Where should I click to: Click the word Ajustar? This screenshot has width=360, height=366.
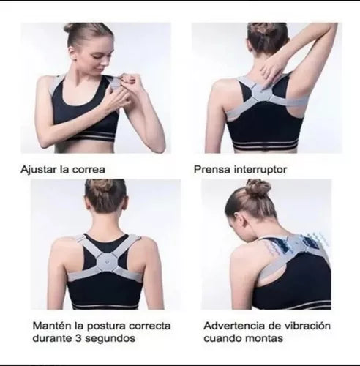pyautogui.click(x=38, y=170)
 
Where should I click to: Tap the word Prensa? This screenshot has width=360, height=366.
pyautogui.click(x=211, y=170)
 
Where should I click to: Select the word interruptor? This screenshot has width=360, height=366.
pyautogui.click(x=260, y=170)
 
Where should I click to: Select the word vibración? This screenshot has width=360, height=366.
pyautogui.click(x=306, y=326)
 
